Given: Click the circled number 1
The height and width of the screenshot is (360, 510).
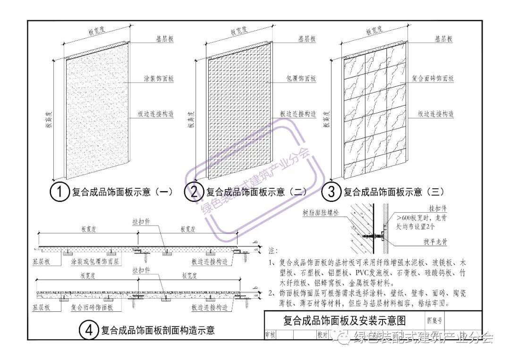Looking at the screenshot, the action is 59,192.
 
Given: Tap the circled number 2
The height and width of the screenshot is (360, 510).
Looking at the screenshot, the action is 194,192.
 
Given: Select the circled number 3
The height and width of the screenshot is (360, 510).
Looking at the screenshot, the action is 331,192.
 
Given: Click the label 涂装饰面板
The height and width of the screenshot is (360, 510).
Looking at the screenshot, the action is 159,79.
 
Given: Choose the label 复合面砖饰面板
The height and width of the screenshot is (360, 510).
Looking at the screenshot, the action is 433,79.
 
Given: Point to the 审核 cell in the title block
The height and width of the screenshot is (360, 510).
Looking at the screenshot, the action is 271,334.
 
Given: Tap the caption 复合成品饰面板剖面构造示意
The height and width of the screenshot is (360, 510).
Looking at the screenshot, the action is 158,330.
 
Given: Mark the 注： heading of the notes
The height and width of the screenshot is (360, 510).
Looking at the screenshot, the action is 272,250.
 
